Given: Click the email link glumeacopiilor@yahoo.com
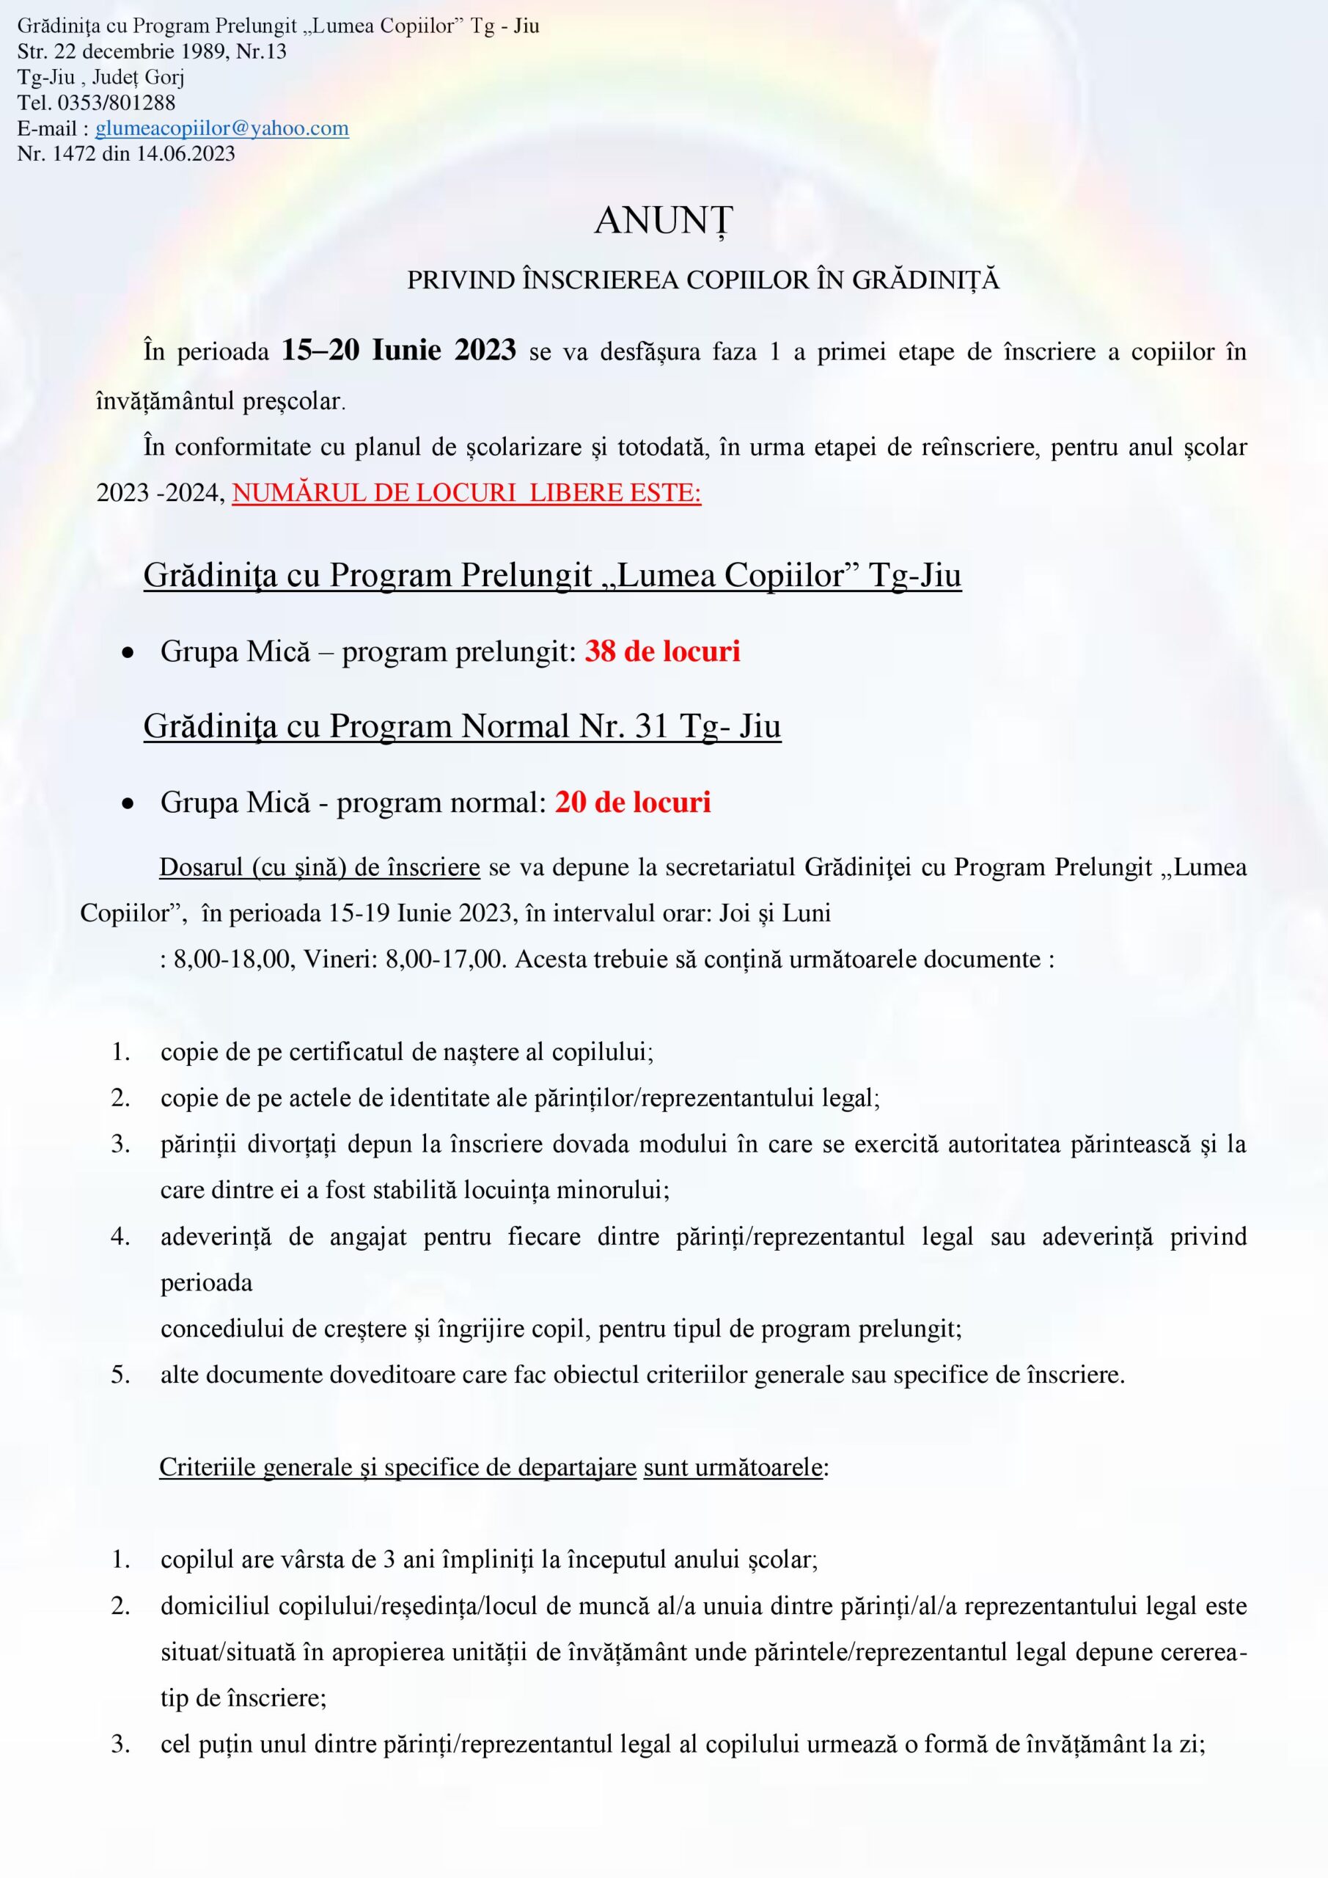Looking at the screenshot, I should [221, 128].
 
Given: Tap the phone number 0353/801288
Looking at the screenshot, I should [116, 103].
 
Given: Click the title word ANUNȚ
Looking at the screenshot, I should [663, 221].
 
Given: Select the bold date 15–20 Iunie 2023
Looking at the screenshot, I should [398, 351].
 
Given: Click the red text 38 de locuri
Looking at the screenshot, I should [662, 651].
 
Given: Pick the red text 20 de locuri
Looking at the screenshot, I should [633, 803].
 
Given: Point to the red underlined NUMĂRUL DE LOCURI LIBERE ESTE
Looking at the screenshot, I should [466, 493].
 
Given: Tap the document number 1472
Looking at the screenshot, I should [74, 154].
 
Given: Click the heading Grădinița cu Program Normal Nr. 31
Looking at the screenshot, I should [462, 726].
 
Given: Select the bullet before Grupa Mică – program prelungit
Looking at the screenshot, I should [128, 654].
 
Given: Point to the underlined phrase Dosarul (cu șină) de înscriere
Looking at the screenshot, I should [319, 867].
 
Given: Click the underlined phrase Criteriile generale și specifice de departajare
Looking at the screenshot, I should [397, 1467].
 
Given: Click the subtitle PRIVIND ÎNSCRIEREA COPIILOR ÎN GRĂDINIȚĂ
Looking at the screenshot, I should [702, 280].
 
